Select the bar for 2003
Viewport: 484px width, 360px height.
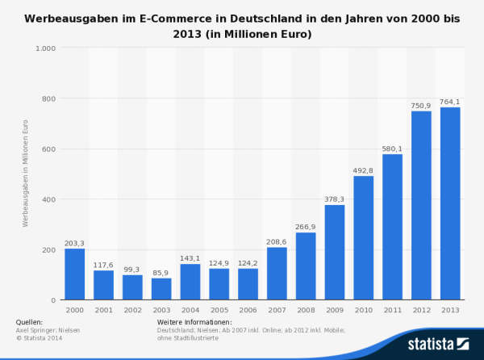coord(161,289)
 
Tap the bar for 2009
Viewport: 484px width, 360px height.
coord(335,253)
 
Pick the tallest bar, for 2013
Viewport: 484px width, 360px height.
coord(450,203)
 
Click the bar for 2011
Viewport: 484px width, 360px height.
coord(392,227)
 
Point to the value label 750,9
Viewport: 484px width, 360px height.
coord(421,105)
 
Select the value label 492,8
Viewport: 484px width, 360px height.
coord(363,170)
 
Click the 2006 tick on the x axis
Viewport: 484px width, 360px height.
coord(248,309)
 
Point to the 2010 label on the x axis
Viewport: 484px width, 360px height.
coord(363,309)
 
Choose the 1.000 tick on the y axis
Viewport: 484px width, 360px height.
coord(45,48)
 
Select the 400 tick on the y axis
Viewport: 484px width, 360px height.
coord(48,199)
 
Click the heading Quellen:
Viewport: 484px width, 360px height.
coord(30,322)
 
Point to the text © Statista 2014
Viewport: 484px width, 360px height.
coord(40,337)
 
